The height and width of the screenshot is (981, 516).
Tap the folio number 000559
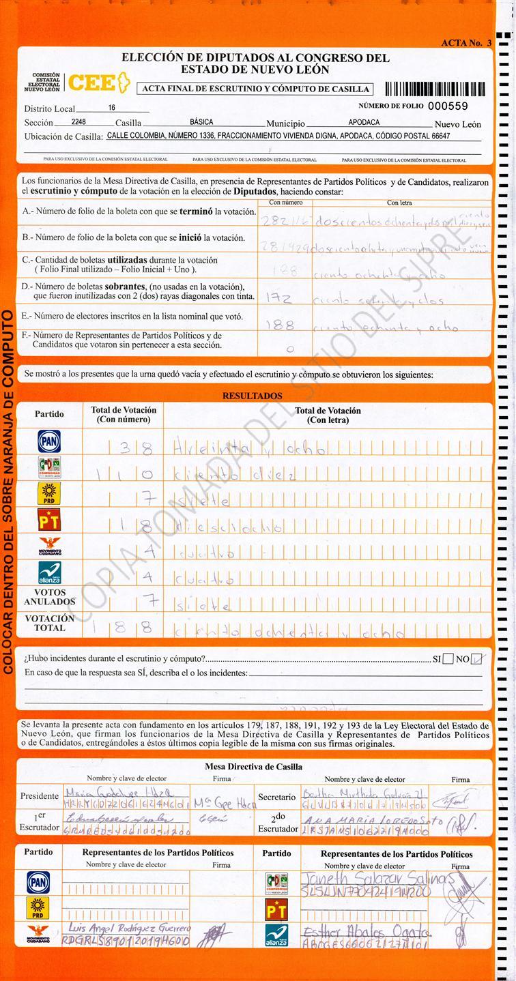point(448,106)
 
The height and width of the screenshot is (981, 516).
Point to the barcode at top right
point(435,89)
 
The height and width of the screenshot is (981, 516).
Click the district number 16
point(112,108)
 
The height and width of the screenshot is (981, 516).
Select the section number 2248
point(78,122)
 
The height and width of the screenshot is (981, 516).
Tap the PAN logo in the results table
point(48,441)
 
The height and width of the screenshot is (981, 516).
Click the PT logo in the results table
point(48,521)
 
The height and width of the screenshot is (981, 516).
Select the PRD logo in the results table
point(48,493)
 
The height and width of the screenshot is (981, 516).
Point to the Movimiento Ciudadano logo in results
point(48,546)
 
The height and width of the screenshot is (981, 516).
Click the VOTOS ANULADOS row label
point(50,598)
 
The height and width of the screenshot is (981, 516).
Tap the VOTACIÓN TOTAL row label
point(50,623)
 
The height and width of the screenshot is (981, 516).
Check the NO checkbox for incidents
point(477,659)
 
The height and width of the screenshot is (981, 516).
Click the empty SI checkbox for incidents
point(448,659)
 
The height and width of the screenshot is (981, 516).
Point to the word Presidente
point(40,796)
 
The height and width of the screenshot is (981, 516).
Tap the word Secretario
point(276,797)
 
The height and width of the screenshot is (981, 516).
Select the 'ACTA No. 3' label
point(466,43)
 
